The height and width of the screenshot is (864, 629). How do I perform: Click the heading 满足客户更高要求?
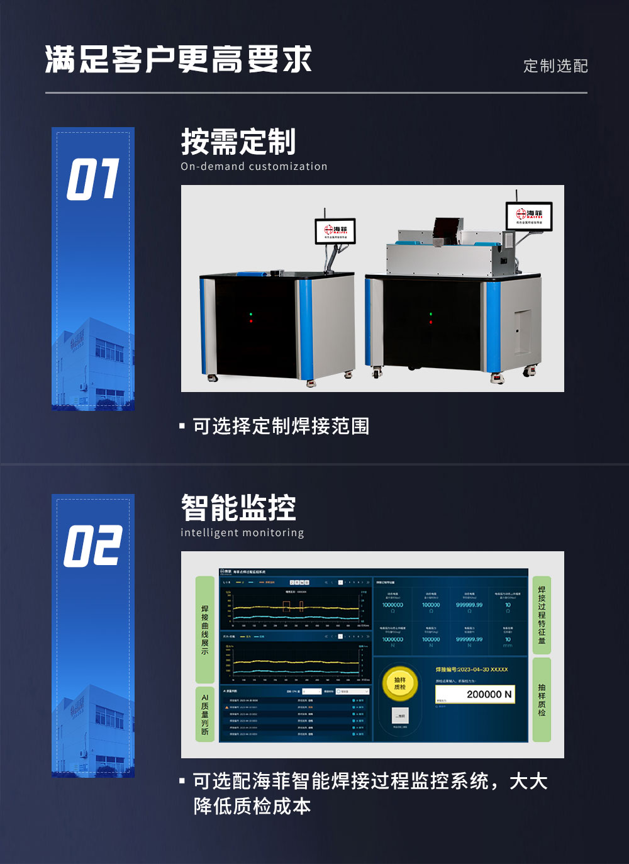(x=178, y=60)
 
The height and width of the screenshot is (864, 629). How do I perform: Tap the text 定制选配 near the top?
(x=555, y=66)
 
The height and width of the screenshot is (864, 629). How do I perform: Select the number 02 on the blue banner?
(x=93, y=546)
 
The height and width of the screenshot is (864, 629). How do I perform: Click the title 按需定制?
(x=238, y=142)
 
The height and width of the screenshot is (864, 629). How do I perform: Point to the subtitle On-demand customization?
(x=254, y=167)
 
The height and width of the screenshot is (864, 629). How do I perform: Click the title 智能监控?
(x=238, y=508)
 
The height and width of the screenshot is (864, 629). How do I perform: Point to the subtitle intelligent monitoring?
(x=242, y=533)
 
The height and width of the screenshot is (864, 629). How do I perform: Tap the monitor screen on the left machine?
(x=335, y=231)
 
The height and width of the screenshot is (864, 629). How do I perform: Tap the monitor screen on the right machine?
(x=529, y=216)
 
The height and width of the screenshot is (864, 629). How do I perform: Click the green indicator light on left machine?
(x=251, y=314)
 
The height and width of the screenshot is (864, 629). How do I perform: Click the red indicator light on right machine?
(x=430, y=322)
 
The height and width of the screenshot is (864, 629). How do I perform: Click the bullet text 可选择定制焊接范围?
(x=281, y=427)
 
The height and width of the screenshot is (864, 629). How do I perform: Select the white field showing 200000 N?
(x=475, y=694)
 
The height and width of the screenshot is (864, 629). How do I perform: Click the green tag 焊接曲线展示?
(x=205, y=629)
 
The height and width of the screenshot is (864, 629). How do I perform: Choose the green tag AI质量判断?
(x=205, y=714)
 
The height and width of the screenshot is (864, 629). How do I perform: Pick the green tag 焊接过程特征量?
(x=542, y=615)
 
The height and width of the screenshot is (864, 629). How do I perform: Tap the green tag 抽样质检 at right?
(x=542, y=699)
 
